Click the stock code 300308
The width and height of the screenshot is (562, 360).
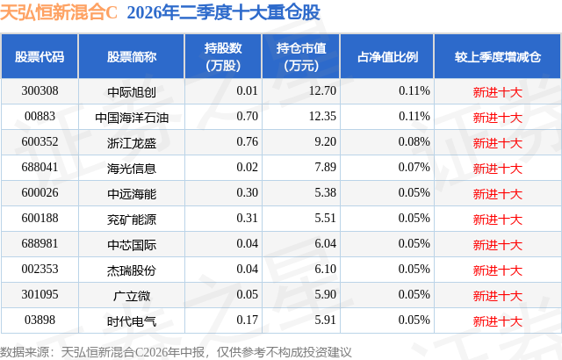pyautogui.click(x=40, y=91)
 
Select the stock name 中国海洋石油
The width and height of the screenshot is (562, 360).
pyautogui.click(x=132, y=118)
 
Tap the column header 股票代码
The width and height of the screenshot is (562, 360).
pyautogui.click(x=40, y=57)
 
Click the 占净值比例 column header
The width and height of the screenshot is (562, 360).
pyautogui.click(x=387, y=57)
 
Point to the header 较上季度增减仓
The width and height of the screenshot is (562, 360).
pyautogui.click(x=498, y=57)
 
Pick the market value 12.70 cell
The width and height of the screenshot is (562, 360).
pyautogui.click(x=322, y=91)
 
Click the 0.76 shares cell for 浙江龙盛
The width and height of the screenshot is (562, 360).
pyautogui.click(x=248, y=142)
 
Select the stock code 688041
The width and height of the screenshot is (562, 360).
pyautogui.click(x=40, y=168)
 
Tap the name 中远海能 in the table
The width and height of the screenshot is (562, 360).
pyautogui.click(x=132, y=194)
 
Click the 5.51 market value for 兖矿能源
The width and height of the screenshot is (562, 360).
pyautogui.click(x=326, y=218)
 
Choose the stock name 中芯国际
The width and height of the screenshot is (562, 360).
pyautogui.click(x=132, y=245)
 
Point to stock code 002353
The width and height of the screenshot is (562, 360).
pyautogui.click(x=40, y=269)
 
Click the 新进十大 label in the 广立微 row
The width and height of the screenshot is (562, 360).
pyautogui.click(x=498, y=296)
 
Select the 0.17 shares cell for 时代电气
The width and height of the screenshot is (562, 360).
pyautogui.click(x=248, y=320)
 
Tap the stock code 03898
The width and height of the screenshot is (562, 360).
pyautogui.click(x=40, y=320)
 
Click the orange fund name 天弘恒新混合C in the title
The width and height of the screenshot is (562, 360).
pyautogui.click(x=59, y=12)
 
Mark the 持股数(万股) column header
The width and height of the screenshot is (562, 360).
pyautogui.click(x=223, y=56)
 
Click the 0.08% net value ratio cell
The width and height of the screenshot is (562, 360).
pyautogui.click(x=414, y=142)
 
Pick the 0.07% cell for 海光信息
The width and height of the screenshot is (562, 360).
pyautogui.click(x=414, y=168)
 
